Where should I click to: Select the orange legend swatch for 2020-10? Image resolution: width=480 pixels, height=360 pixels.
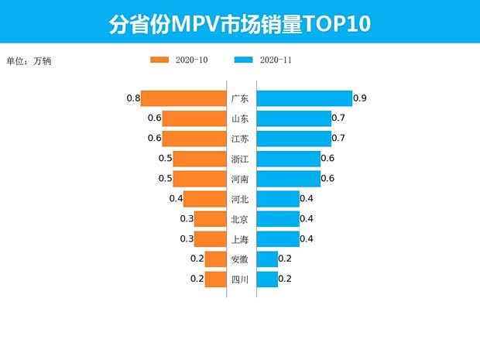160,60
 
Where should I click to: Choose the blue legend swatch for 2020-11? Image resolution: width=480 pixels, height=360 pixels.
244,60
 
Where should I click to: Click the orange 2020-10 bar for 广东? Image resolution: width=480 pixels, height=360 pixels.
183,98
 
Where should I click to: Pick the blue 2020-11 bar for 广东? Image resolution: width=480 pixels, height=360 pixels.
303,98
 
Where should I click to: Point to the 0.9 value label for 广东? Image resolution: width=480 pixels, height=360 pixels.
359,98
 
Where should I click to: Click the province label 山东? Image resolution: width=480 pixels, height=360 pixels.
240,118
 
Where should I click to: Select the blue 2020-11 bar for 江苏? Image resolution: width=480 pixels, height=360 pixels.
293,139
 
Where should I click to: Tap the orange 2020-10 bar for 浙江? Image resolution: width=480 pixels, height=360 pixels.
198,159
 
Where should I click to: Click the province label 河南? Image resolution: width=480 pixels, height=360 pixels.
240,179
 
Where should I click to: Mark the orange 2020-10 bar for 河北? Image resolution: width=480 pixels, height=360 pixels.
204,199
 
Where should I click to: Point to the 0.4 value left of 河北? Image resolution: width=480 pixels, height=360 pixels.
176,199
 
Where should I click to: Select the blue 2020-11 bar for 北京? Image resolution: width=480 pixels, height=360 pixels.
277,219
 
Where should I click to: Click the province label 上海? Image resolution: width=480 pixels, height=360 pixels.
240,239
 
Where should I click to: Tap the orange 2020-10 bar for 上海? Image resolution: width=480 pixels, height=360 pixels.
209,239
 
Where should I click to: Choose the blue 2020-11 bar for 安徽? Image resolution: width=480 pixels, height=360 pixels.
267,259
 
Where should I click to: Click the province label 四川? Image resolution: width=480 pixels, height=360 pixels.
240,279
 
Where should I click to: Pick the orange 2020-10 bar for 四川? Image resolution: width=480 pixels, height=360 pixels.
214,279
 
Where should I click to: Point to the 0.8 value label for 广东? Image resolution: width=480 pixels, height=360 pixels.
133,98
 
